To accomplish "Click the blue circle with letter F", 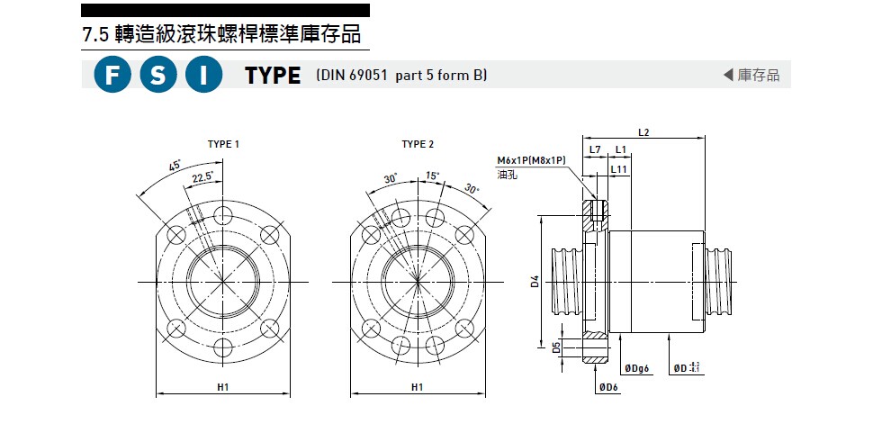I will [x=112, y=76].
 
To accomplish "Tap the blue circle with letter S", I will [x=158, y=76].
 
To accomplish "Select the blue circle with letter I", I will [x=204, y=76].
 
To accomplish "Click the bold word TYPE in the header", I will [x=273, y=77].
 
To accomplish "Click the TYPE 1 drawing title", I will [x=223, y=144].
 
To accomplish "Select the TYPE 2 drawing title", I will [x=418, y=144].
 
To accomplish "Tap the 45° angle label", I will [x=175, y=166].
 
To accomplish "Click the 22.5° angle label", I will [x=202, y=177].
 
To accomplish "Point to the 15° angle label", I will [x=432, y=176].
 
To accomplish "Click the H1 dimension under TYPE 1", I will [x=223, y=387].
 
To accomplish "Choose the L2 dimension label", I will [x=643, y=132].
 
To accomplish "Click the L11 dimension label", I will [x=619, y=168].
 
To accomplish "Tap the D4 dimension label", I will [x=535, y=282].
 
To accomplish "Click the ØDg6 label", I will [x=636, y=369].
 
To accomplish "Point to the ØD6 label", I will [x=609, y=387].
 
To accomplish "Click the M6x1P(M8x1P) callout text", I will [x=531, y=159].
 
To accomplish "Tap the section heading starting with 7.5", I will [x=221, y=35].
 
